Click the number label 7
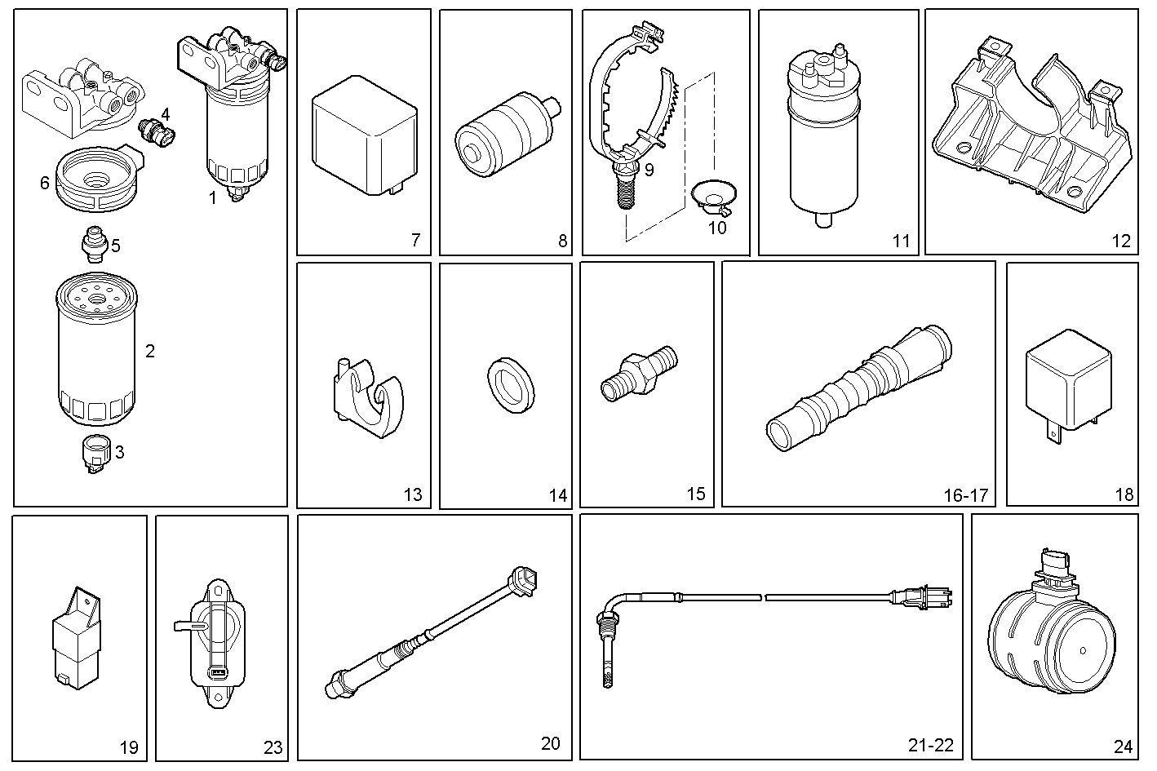[415, 240]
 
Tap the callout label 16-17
[965, 495]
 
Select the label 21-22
[930, 745]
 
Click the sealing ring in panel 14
[511, 383]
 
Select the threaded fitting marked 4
[157, 133]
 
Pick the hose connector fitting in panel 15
[640, 372]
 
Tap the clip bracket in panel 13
[367, 397]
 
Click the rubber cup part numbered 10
[714, 198]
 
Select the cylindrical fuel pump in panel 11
[824, 139]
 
